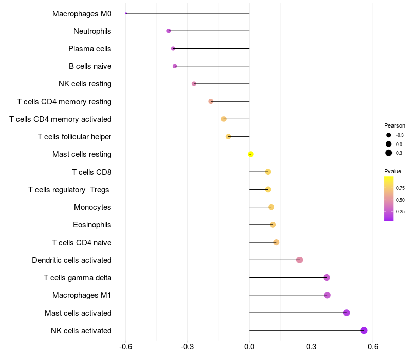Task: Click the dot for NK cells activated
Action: [364, 330]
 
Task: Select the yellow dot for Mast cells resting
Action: [251, 154]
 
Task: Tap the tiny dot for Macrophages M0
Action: [126, 13]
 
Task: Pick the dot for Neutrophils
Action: [169, 31]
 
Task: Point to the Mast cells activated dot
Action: [347, 313]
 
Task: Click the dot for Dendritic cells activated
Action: [300, 260]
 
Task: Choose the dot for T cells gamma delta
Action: [327, 278]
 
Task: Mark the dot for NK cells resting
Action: [194, 84]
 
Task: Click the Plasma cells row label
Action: [90, 49]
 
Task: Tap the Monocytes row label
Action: [92, 207]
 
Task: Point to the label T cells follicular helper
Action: [74, 137]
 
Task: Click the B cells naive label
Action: [90, 66]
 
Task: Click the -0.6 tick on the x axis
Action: [126, 347]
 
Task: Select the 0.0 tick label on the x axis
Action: [249, 347]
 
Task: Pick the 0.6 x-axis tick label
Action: [373, 347]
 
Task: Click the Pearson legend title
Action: [395, 125]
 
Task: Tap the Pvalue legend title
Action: [393, 171]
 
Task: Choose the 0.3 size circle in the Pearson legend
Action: [389, 153]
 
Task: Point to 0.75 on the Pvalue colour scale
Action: [400, 188]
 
